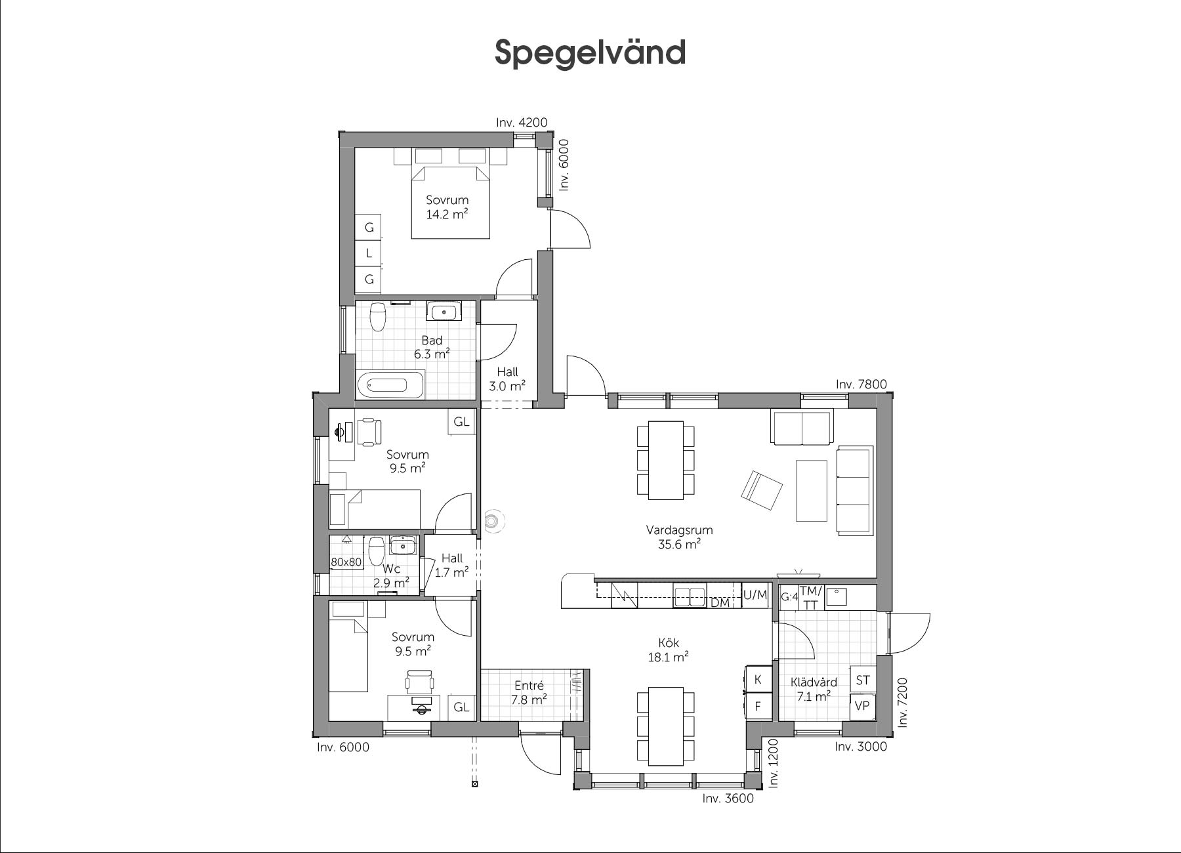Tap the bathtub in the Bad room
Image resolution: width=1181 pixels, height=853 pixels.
(x=391, y=385)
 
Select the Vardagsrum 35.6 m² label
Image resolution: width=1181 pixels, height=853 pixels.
(x=679, y=537)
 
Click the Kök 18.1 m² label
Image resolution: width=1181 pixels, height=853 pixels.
(x=669, y=650)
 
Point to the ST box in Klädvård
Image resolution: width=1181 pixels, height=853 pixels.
(x=863, y=680)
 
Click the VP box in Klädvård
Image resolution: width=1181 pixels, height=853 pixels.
(x=863, y=706)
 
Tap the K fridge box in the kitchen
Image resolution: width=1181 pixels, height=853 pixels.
(x=758, y=679)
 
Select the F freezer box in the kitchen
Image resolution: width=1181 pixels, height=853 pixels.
(x=758, y=707)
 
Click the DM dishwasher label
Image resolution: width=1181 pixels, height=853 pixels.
(x=720, y=602)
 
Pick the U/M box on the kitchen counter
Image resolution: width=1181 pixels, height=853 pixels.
(x=755, y=595)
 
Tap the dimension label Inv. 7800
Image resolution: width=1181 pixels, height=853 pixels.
(x=861, y=385)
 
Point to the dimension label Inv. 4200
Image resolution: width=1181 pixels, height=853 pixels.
(x=522, y=122)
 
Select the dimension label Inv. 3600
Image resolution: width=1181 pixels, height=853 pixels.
(x=728, y=799)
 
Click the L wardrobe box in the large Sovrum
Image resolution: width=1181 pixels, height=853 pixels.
(x=369, y=253)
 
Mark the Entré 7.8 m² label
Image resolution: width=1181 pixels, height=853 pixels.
(x=529, y=693)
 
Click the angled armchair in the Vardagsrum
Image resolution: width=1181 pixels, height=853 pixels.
(x=762, y=490)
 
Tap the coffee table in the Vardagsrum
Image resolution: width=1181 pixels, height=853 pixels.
(x=811, y=490)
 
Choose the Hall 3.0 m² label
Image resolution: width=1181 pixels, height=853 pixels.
(x=507, y=379)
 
